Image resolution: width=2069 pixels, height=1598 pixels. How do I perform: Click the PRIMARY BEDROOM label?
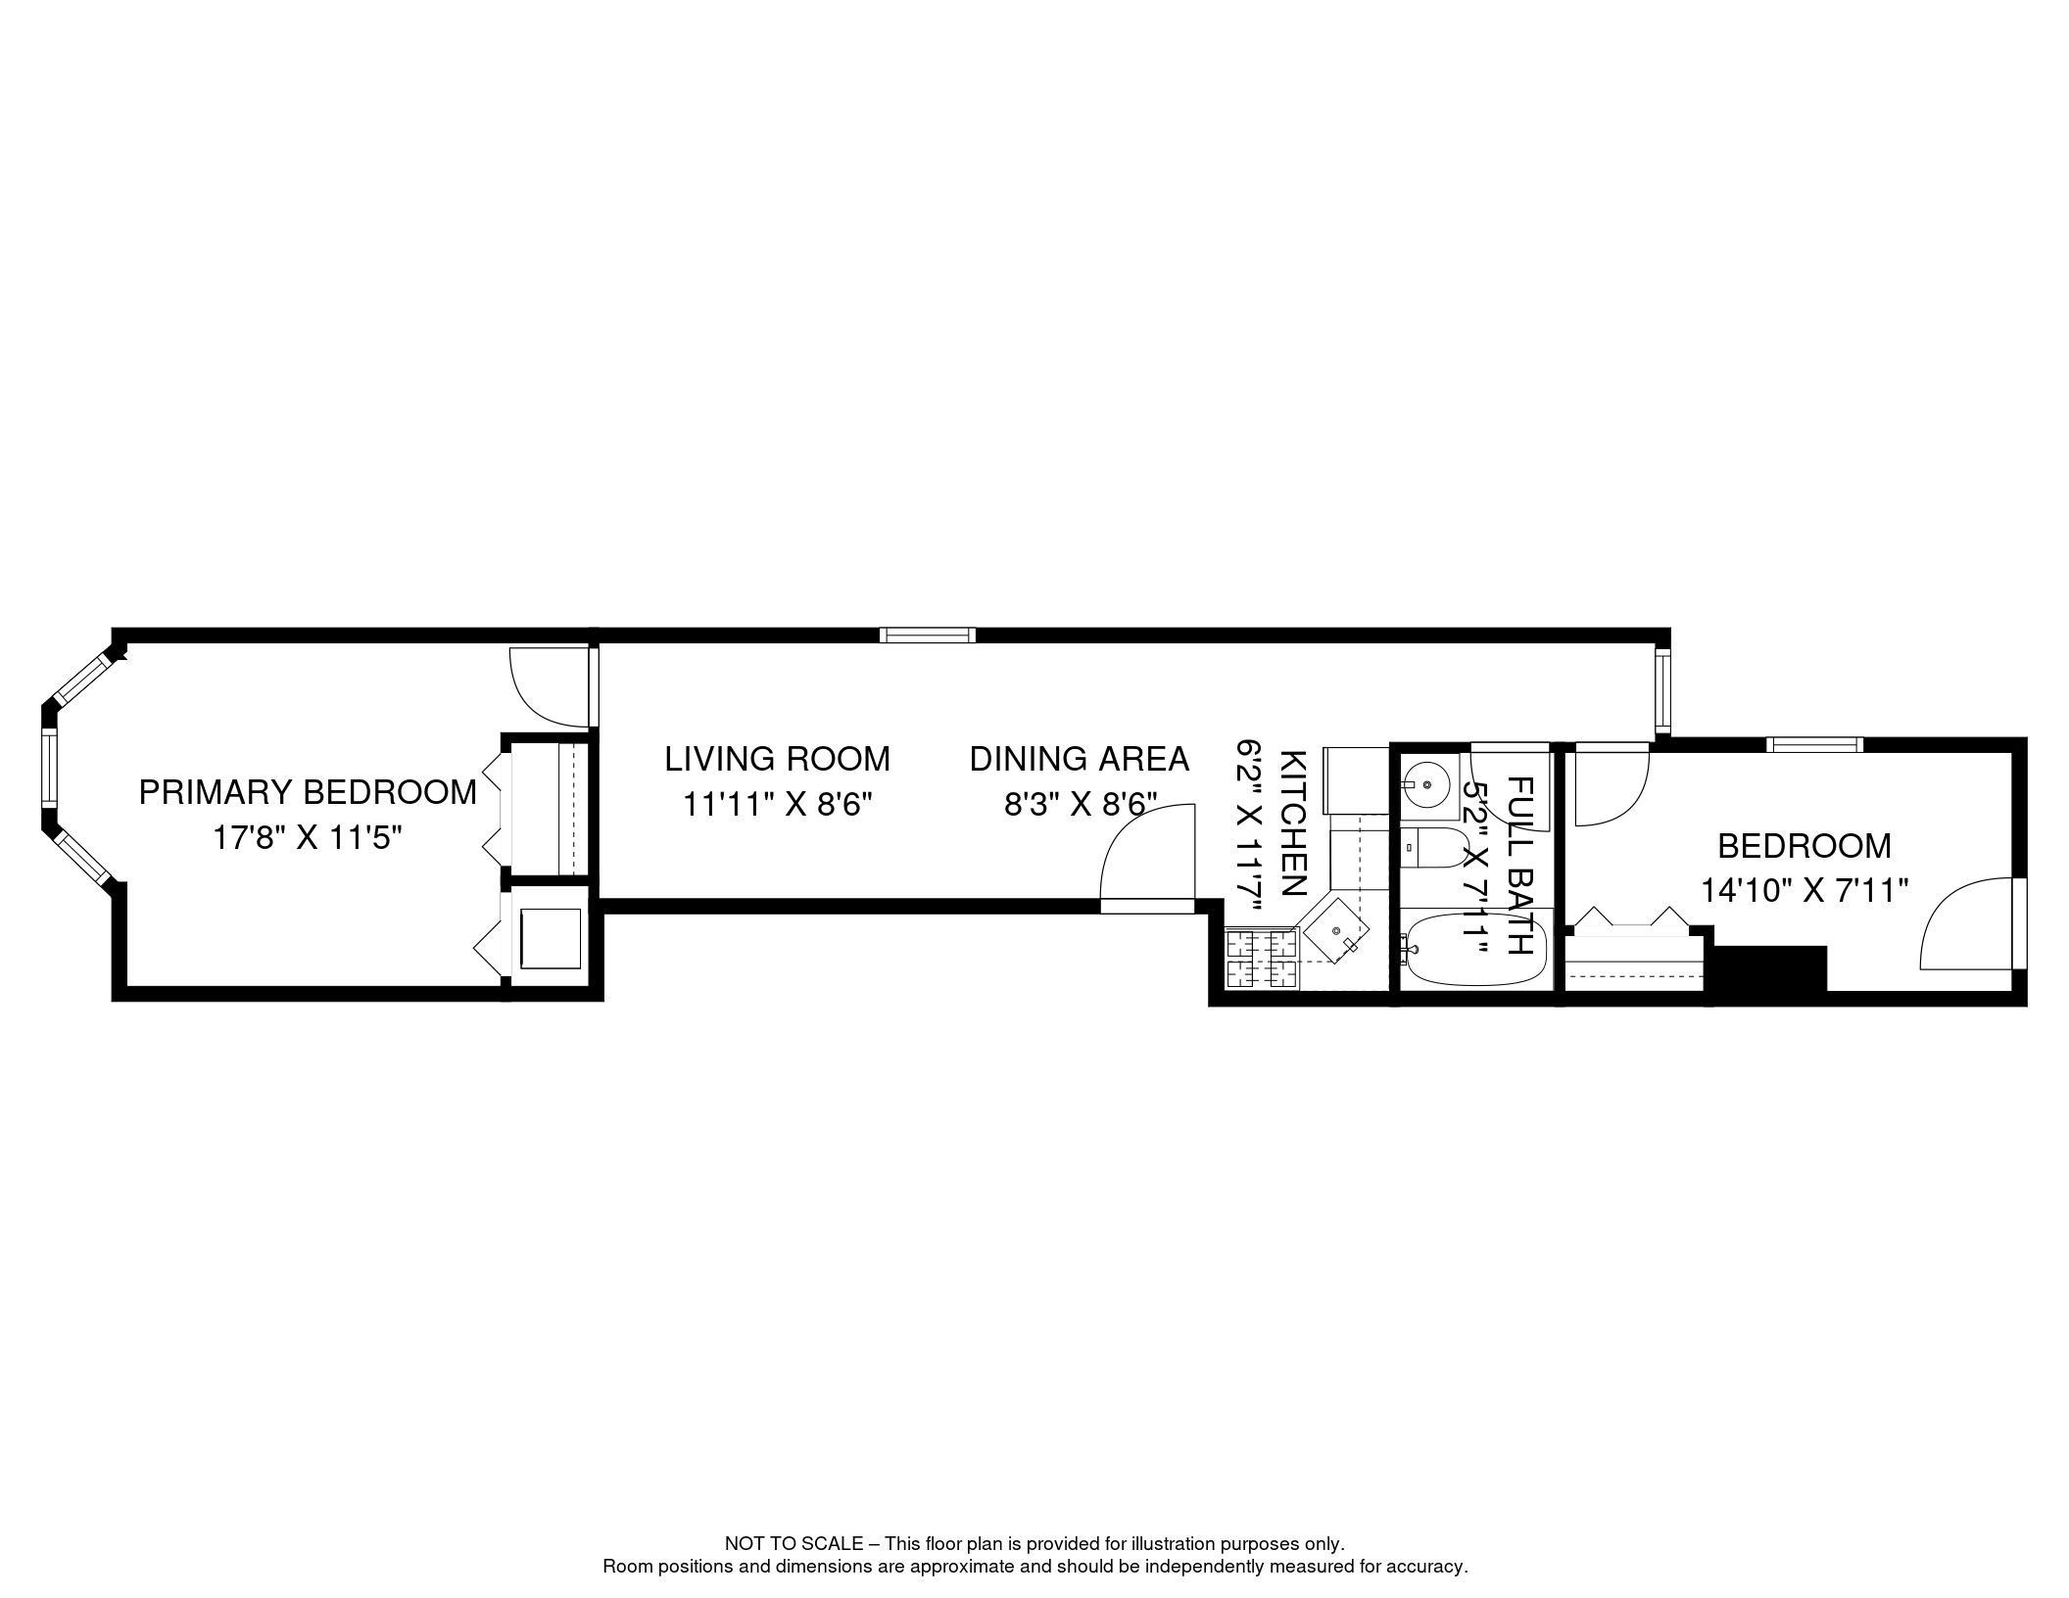click(x=308, y=792)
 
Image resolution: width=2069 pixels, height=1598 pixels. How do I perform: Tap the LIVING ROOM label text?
click(x=778, y=759)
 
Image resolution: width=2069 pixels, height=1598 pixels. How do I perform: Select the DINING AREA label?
click(x=1080, y=759)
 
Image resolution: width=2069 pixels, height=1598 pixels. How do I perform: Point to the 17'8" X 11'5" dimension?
click(x=308, y=838)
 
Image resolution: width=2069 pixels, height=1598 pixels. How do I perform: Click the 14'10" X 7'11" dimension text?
click(x=1804, y=891)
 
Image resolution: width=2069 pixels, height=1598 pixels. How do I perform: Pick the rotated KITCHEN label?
click(x=1293, y=823)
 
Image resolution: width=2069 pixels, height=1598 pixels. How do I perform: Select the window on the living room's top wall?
click(x=928, y=634)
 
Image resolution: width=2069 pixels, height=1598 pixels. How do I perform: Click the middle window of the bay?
click(x=49, y=768)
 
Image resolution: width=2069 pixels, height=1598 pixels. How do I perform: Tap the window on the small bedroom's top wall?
click(x=1815, y=744)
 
